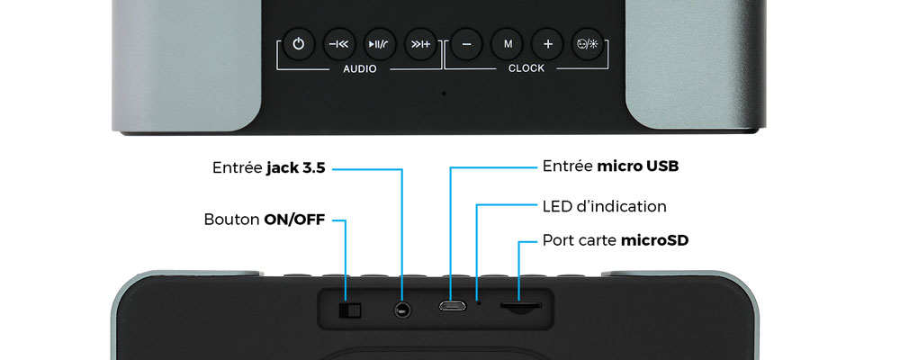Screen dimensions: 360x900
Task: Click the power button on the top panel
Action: point(298,43)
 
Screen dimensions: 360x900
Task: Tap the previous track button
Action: point(338,43)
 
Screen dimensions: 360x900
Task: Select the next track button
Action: point(419,43)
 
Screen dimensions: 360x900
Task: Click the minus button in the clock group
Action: point(466,43)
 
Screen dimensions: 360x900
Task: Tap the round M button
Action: point(507,43)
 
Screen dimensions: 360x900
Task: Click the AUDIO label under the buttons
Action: point(359,69)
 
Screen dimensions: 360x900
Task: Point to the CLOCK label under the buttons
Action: point(526,69)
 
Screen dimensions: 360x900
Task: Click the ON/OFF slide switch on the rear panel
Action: point(348,310)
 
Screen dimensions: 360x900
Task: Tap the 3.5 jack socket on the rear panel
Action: point(401,310)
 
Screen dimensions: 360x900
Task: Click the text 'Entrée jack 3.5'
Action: point(268,167)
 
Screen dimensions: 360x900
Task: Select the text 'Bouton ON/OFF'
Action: point(264,219)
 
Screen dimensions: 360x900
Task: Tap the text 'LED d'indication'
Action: point(604,206)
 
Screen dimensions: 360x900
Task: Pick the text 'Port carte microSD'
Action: point(616,240)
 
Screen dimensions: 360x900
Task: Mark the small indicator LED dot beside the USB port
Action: point(478,303)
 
